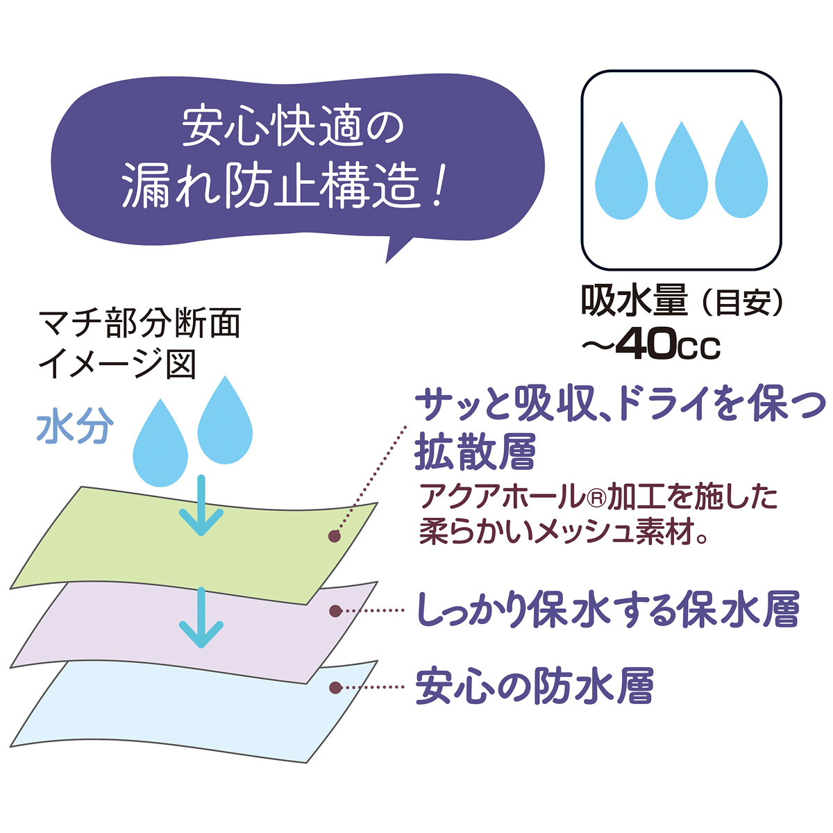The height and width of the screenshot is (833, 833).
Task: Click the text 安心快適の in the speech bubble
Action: pos(292,127)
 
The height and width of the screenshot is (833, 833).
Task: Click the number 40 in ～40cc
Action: pos(648,344)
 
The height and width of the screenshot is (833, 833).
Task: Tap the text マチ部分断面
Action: pos(140,324)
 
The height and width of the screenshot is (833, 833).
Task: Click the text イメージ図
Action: pos(117,364)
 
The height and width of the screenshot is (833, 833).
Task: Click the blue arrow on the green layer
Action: pos(201,509)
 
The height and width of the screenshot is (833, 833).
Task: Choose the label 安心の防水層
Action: pos(535,687)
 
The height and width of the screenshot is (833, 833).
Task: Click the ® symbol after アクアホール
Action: pos(598,497)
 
